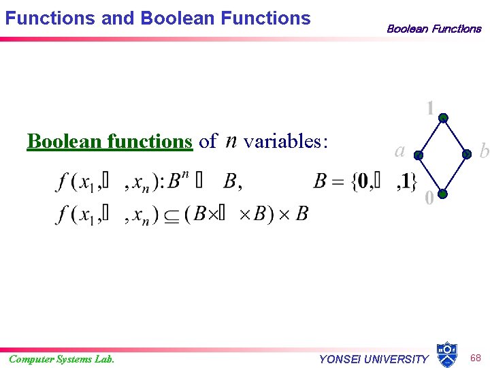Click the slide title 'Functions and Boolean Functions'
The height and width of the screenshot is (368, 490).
(157, 18)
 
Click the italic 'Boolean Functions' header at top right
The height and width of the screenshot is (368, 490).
(434, 29)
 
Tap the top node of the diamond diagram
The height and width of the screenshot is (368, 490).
(443, 118)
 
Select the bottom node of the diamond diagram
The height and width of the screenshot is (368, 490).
(442, 194)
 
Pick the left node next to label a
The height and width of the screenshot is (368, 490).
(419, 155)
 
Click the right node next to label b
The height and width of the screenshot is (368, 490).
(467, 155)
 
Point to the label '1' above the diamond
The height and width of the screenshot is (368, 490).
(430, 108)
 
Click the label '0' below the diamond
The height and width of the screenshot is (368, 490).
(429, 198)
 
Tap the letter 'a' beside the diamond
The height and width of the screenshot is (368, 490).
(400, 150)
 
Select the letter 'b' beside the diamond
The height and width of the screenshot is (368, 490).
(483, 151)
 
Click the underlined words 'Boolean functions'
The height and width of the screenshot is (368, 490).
(110, 141)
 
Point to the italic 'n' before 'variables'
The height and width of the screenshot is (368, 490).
(231, 141)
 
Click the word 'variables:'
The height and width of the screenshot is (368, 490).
(286, 141)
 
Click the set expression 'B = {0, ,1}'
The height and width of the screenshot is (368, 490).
(365, 181)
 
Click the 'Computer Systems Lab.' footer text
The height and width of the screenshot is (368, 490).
(61, 359)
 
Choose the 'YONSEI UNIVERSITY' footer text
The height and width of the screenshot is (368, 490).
(374, 359)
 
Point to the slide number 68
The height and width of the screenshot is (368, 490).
(476, 357)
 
